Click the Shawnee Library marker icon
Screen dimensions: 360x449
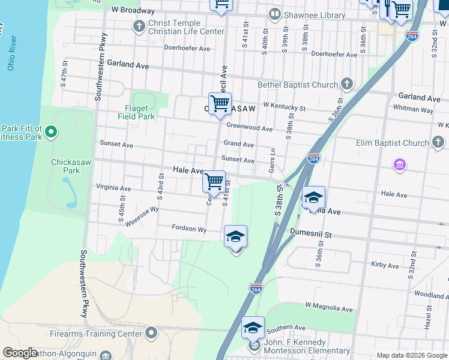[x=274, y=14]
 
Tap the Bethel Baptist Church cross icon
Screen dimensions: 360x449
[x=346, y=83]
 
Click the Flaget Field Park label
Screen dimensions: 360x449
[x=139, y=112]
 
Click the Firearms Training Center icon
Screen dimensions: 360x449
[x=151, y=332]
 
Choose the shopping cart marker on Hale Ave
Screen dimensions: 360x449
[x=214, y=182]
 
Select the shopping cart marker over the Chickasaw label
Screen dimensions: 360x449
[x=220, y=104]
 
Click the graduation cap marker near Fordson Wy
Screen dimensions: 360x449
[x=236, y=236]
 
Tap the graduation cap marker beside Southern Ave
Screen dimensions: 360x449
[x=253, y=328]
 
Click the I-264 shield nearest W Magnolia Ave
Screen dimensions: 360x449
[x=256, y=289]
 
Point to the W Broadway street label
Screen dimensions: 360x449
[x=133, y=10]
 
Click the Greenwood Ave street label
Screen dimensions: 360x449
[x=250, y=128]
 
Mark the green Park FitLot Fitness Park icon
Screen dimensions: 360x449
[x=51, y=131]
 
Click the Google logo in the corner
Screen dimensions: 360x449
[x=20, y=353]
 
